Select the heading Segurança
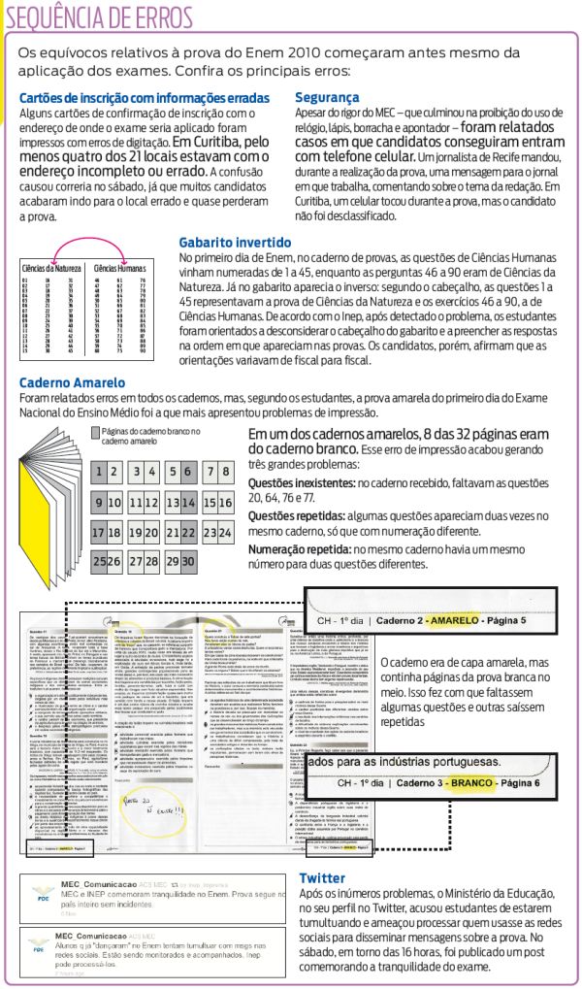[327, 98]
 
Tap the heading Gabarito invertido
[235, 242]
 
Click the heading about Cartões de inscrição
[145, 99]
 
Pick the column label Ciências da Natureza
[48, 267]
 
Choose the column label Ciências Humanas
[119, 267]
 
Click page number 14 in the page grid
[173, 504]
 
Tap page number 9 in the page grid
[99, 504]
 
